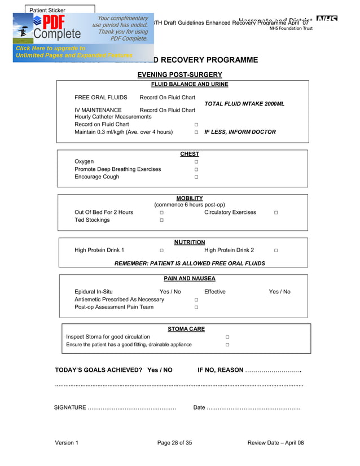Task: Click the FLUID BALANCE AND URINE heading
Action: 189,84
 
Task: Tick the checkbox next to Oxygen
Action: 196,162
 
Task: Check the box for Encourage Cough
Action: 196,177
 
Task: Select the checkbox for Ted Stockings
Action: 161,221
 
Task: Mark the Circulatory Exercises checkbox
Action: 276,213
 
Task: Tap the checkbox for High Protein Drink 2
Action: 276,250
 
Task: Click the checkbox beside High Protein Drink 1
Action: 161,250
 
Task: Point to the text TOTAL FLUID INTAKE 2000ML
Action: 244,104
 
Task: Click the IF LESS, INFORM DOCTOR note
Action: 240,132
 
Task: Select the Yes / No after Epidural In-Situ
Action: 170,292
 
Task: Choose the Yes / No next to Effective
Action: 279,292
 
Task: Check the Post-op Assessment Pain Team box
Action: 196,307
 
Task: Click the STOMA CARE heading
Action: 186,329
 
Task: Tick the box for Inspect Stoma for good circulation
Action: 227,337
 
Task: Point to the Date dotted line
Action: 253,407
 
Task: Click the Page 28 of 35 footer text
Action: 174,443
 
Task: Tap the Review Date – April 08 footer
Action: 275,443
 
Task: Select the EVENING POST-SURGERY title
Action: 179,74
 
